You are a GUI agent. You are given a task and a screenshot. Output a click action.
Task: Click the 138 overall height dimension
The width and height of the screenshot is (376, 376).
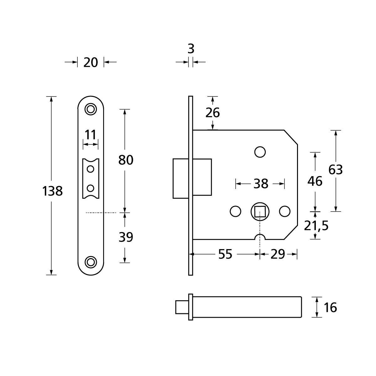[53, 191]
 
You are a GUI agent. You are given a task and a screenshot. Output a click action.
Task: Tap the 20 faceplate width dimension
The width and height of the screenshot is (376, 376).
[91, 62]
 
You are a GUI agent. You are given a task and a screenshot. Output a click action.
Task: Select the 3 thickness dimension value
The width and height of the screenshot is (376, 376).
[191, 49]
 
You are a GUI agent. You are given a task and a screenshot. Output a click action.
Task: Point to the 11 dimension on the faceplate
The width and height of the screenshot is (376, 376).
[90, 135]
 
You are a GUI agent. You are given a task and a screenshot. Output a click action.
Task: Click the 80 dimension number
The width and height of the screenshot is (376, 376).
[126, 160]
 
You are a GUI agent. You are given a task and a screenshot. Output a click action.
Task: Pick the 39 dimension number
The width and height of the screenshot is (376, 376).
[126, 237]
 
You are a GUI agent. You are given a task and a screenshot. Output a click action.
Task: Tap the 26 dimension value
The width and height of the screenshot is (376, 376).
[212, 112]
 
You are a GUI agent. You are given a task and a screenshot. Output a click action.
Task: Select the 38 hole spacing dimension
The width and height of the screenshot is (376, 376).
[261, 184]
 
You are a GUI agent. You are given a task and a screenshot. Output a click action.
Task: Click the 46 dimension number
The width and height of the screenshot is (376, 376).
[315, 181]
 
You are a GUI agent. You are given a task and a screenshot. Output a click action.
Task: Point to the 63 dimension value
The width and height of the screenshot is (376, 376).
[336, 170]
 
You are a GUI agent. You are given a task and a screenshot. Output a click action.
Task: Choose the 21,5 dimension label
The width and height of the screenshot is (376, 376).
[316, 226]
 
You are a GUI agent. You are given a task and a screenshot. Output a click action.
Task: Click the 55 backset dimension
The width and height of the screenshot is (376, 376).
[225, 254]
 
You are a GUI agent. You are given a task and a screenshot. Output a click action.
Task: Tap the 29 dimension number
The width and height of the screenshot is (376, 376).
[277, 254]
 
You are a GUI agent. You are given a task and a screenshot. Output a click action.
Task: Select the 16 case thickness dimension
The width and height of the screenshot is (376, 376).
[330, 308]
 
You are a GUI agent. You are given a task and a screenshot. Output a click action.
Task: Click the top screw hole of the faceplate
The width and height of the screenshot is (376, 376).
[91, 109]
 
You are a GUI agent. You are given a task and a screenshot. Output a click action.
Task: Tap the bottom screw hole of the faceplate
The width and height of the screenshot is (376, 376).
[91, 262]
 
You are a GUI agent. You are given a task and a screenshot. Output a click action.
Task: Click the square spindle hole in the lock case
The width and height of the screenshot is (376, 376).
[260, 211]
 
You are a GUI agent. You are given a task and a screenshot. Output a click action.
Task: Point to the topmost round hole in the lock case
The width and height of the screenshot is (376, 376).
[260, 152]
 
